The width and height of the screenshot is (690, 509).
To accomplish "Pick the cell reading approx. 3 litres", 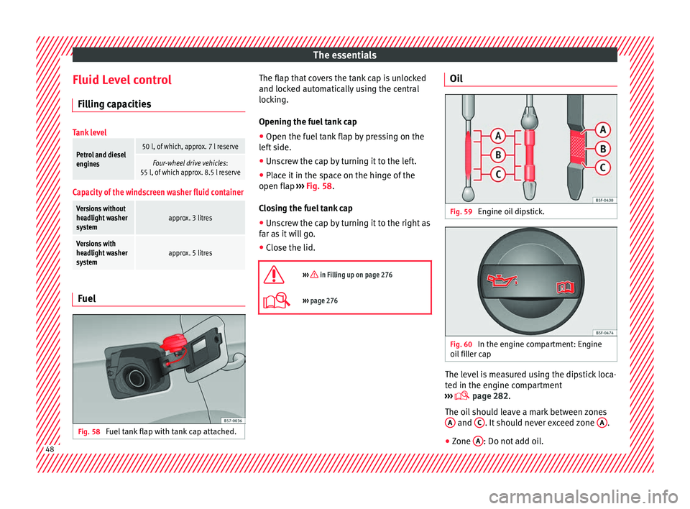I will point(190,216).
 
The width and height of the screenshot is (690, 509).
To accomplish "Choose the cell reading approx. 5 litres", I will point(190,252).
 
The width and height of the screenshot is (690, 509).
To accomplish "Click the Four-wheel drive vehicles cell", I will point(190,168).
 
